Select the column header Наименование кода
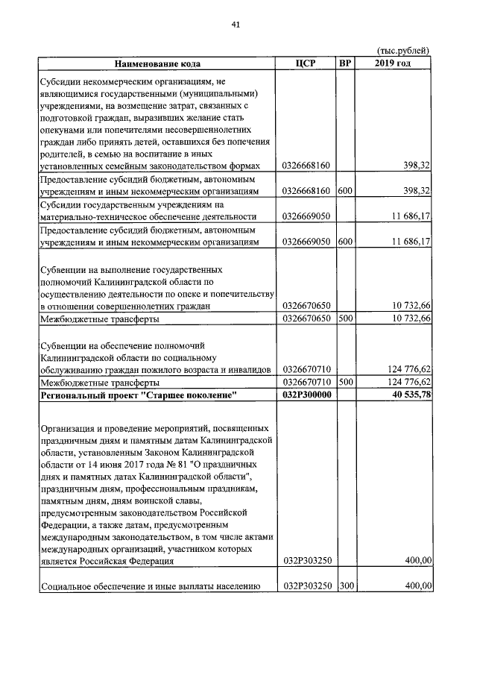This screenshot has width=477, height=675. coord(157,63)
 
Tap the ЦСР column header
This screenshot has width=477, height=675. coord(306,63)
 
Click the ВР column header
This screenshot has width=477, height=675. coord(345,63)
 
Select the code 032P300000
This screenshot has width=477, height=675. coord(306,395)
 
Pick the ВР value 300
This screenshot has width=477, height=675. coord(344,586)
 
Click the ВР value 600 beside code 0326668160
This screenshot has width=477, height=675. coord(344,191)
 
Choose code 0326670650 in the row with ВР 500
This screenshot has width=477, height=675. coord(306,318)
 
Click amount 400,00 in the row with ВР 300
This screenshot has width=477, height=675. coord(417,586)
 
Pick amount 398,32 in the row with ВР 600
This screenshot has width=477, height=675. coord(417,191)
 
